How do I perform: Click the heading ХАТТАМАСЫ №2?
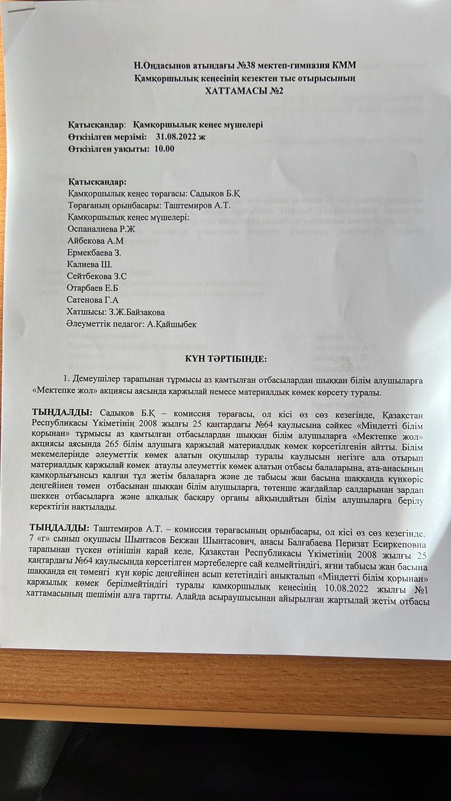245,91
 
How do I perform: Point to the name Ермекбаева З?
94,253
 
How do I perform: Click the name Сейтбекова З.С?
97,276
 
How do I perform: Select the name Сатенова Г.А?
92,300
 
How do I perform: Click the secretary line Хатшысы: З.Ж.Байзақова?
116,312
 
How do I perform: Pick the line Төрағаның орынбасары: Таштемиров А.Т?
149,205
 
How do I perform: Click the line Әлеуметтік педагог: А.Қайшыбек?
131,324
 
